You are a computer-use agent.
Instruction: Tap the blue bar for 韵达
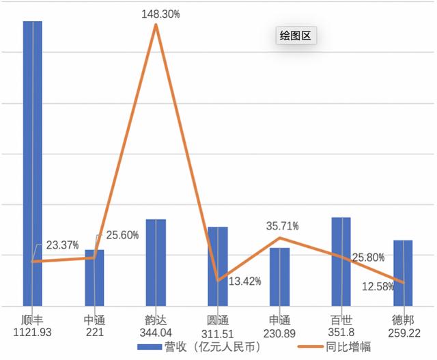(156, 263)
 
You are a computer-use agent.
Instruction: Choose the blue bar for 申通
(279, 277)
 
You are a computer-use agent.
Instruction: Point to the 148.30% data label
(161, 13)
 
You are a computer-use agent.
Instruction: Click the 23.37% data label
(62, 245)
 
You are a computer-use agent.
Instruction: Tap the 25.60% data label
(122, 235)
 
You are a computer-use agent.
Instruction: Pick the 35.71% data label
(283, 225)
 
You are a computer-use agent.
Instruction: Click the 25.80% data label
(368, 258)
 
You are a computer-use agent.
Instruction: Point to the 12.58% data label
(378, 287)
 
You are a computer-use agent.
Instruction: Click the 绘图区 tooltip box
(295, 36)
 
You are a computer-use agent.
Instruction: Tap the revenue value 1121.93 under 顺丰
(33, 332)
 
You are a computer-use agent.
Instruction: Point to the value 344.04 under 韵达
(156, 332)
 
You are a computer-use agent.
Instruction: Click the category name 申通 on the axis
(279, 320)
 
